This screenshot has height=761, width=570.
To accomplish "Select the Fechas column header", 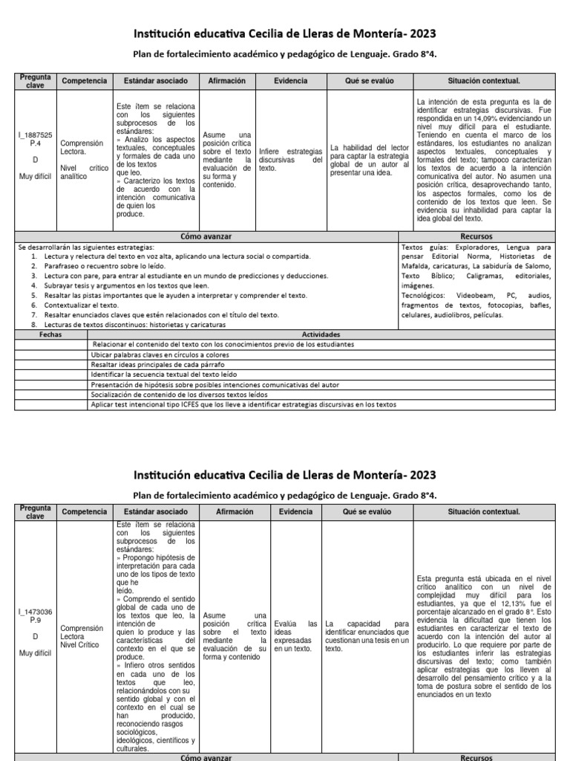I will click(50, 334).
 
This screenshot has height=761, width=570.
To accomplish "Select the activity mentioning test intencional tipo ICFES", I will click(243, 405).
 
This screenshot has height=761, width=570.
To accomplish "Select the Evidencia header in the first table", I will click(290, 80).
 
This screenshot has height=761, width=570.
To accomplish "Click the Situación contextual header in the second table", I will click(483, 512).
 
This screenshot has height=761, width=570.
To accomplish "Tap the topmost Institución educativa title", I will click(284, 33).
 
